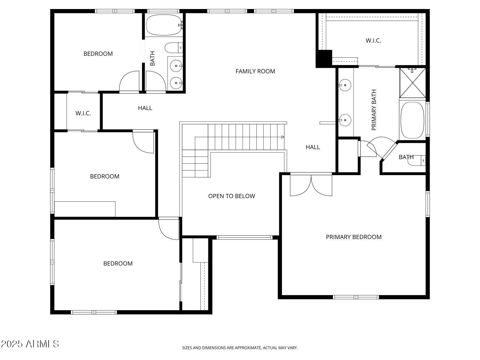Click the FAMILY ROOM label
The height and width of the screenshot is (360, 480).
(x=255, y=71)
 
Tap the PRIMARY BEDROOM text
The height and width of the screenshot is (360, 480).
(x=353, y=237)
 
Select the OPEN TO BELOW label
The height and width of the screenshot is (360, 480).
(x=231, y=196)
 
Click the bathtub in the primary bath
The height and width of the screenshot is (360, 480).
(x=412, y=120)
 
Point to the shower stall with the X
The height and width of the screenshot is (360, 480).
(x=413, y=83)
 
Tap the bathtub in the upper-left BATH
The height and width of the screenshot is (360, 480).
(x=164, y=25)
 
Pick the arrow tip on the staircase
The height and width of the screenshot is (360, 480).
(x=283, y=137)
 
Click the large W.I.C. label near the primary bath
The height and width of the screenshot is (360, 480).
(x=373, y=40)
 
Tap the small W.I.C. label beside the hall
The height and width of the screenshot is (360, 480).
(x=83, y=113)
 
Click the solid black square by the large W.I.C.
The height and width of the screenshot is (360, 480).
(x=324, y=58)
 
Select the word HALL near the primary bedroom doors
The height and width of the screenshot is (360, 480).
(x=312, y=147)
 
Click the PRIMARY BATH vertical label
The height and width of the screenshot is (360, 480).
(x=374, y=110)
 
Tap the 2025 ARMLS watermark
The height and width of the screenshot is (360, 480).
(x=30, y=344)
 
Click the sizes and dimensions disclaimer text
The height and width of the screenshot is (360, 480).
(x=240, y=348)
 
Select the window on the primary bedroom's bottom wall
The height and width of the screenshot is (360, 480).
(x=356, y=297)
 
